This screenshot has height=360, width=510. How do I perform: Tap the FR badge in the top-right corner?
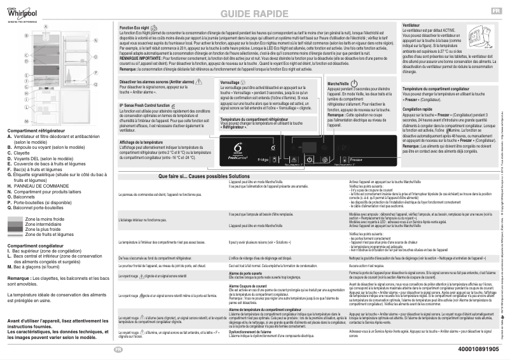pos(495,11)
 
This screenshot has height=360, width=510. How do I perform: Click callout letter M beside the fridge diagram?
pos(26,120)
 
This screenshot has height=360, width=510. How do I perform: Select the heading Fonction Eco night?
pos(134,29)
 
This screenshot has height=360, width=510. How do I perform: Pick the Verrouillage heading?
pos(230,83)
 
